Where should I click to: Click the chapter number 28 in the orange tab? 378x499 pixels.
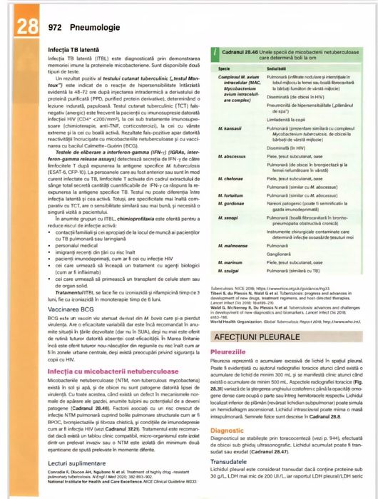click(x=26, y=26)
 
